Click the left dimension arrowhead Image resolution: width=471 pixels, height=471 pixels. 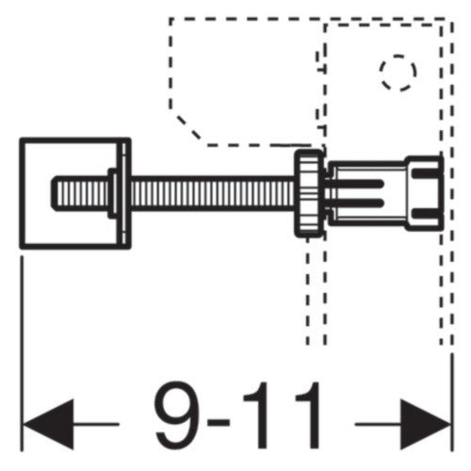tap(49, 424)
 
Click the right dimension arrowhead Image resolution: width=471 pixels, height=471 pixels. tap(426, 424)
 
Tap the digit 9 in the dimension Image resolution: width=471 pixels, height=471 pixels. tap(177, 415)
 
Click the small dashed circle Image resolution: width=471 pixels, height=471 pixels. tap(398, 73)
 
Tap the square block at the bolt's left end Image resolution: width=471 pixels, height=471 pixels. tap(75, 193)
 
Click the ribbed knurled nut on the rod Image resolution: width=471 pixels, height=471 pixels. tap(309, 193)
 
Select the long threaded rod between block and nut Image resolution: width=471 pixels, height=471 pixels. tap(213, 193)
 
